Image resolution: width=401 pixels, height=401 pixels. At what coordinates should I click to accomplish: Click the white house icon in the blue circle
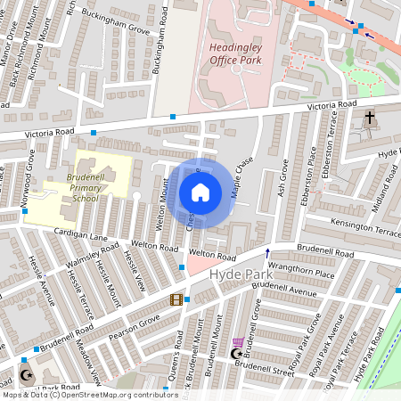[200, 192]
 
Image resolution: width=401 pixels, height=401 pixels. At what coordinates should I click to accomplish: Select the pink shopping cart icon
[239, 342]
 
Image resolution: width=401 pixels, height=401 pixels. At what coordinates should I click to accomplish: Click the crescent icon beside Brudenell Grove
[236, 355]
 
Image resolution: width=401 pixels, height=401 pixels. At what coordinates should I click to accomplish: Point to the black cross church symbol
[370, 118]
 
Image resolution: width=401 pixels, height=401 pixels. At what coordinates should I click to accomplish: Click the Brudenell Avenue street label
[283, 291]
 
